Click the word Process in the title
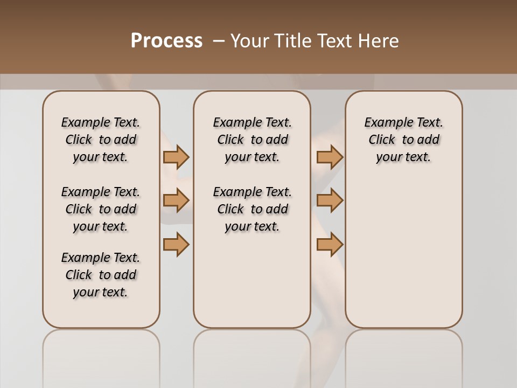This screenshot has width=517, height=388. click(x=166, y=41)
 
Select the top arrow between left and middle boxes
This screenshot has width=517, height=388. click(x=176, y=157)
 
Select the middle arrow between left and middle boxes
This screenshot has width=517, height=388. click(x=176, y=200)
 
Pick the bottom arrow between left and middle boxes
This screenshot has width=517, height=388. click(x=176, y=244)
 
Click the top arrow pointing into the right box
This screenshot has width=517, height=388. click(x=330, y=157)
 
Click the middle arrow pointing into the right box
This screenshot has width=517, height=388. click(x=330, y=200)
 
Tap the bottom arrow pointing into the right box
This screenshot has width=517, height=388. click(x=330, y=244)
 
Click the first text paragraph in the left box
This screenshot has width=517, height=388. click(x=101, y=140)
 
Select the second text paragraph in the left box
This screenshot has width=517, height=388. click(x=101, y=209)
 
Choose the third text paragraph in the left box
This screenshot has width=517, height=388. click(x=101, y=275)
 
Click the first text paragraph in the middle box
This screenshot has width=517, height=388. click(x=252, y=140)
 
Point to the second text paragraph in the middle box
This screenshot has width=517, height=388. click(x=252, y=209)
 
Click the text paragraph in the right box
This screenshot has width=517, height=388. click(x=403, y=140)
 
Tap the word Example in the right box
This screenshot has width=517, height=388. click(x=385, y=123)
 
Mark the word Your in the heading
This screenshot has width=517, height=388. click(x=249, y=41)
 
